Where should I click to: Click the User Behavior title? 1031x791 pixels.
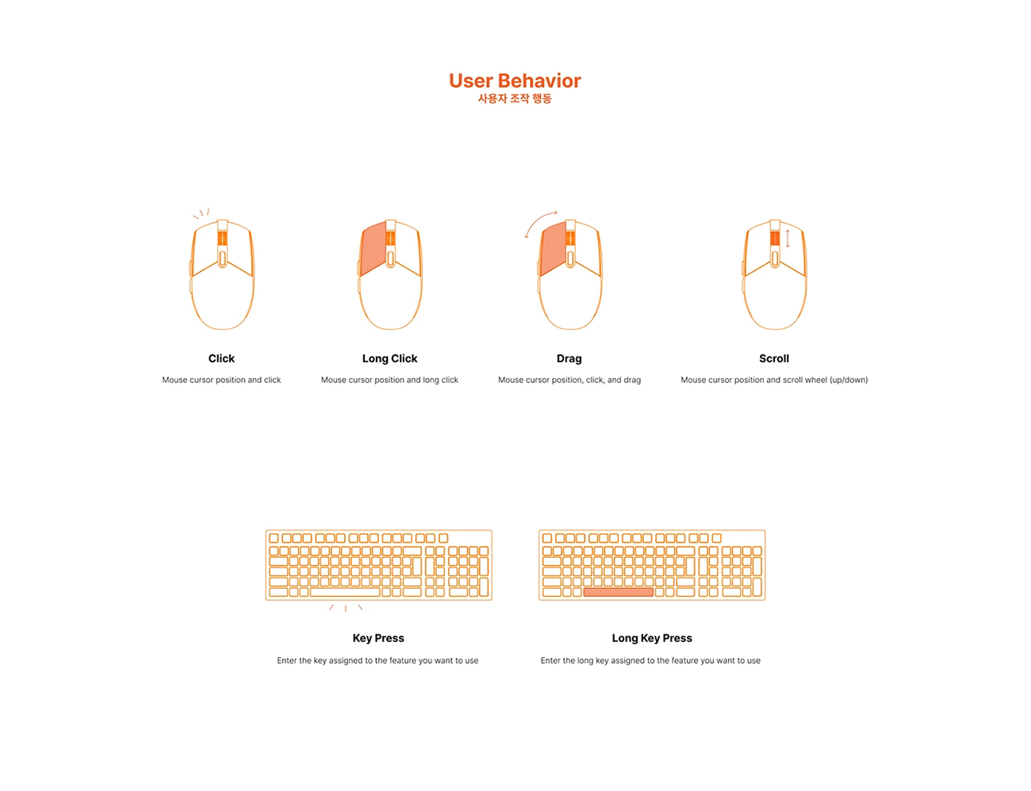(515, 81)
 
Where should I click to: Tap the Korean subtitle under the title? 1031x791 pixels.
(515, 98)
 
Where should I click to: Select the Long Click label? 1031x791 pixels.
(389, 359)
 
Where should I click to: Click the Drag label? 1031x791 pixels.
(569, 359)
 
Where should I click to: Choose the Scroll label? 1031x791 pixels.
(774, 359)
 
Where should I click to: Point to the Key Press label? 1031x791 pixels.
(378, 638)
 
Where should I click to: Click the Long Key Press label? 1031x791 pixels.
(652, 638)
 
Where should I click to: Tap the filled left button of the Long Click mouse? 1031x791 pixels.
(373, 248)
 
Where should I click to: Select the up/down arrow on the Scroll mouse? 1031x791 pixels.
(788, 239)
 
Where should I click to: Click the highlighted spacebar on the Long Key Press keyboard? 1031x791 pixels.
(619, 592)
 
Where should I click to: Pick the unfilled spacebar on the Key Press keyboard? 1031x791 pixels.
(345, 592)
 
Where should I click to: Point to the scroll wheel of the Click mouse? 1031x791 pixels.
(222, 238)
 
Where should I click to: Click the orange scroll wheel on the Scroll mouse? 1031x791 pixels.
(775, 238)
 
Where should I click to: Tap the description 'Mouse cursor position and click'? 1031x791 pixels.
(221, 380)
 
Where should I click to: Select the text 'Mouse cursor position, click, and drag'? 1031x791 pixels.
(569, 380)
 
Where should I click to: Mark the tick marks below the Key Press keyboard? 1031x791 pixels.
(346, 609)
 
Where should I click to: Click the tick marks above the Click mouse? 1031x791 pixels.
(201, 214)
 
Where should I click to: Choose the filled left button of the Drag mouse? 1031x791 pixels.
(554, 248)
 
